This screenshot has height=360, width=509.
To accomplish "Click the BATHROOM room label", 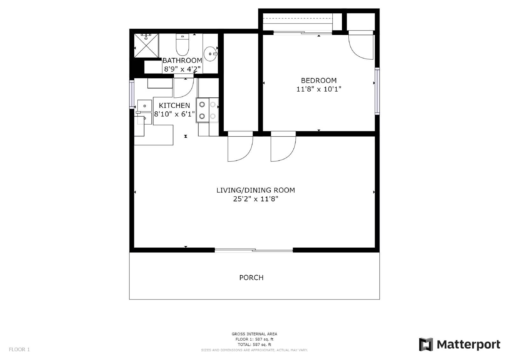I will click(182, 60).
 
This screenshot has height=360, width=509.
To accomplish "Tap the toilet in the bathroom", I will click(183, 46).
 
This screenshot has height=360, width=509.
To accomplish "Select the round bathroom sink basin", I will click(210, 54).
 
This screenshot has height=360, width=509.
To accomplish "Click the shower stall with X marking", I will click(146, 46).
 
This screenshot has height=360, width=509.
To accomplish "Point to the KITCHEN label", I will click(174, 105).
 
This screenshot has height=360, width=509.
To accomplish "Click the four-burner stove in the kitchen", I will click(207, 110).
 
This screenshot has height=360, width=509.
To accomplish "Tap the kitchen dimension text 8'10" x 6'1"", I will click(174, 114).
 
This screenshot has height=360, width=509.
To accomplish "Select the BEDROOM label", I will click(319, 81).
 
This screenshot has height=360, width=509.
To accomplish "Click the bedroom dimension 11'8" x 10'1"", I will click(319, 89).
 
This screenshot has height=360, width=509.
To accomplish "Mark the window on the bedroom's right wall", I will click(377, 91).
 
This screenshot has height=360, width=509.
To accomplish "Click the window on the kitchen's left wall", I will click(131, 94).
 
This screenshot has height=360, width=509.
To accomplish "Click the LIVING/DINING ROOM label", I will click(255, 190).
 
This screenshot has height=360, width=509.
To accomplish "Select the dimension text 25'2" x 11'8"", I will click(255, 199).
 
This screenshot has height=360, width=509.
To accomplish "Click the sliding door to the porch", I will click(254, 251).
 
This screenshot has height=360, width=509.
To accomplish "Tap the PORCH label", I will click(251, 278).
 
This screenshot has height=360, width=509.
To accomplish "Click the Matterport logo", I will click(459, 344).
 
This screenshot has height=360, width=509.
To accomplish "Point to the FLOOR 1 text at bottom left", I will click(19, 349).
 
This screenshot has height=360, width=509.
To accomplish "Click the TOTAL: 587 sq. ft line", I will click(254, 344).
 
